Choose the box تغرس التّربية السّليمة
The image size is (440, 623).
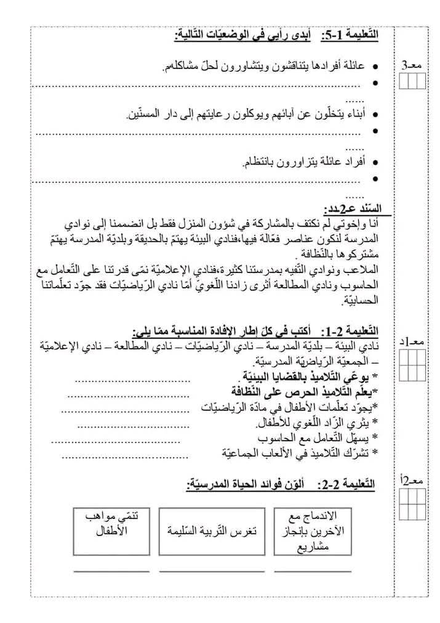coord(211,529)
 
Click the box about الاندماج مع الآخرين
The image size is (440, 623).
coord(312,529)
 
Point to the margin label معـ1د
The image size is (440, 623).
coord(412,342)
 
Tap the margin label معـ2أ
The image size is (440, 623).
coord(412,481)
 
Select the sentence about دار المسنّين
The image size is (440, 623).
coord(246,113)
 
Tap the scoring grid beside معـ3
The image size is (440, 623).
coord(412,81)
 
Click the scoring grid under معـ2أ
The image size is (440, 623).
coord(412,504)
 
